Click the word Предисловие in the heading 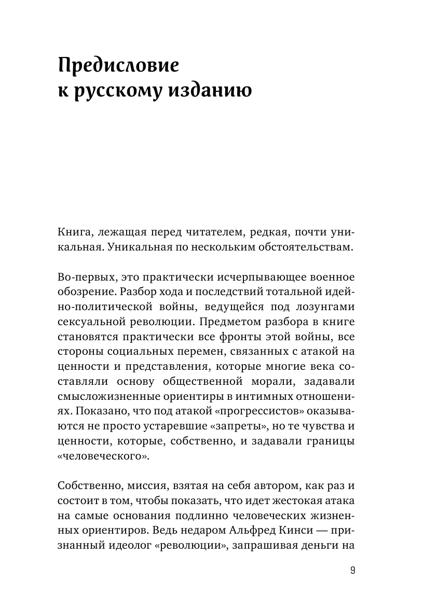(119, 67)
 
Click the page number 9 (352, 571)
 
